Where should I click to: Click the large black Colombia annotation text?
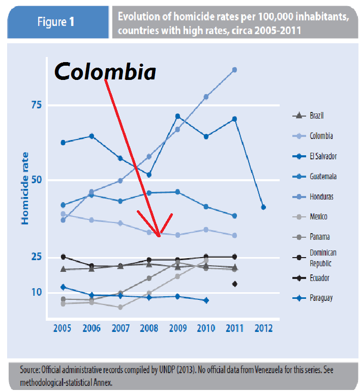tap(105, 72)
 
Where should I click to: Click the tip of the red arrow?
tap(160, 236)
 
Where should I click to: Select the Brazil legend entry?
tap(317, 116)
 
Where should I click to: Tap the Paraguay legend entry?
tap(321, 298)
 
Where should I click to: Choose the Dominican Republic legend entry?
tap(323, 258)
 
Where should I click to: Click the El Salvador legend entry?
tap(323, 156)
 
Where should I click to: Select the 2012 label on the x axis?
tap(263, 328)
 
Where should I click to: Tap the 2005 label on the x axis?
tap(63, 328)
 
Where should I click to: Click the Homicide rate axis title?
tap(25, 188)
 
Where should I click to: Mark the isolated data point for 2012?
tap(263, 207)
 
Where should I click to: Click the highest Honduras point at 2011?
tap(234, 69)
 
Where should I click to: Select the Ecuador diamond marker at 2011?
tap(234, 284)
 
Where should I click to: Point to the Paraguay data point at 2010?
tap(206, 300)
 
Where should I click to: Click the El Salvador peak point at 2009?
tap(177, 116)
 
